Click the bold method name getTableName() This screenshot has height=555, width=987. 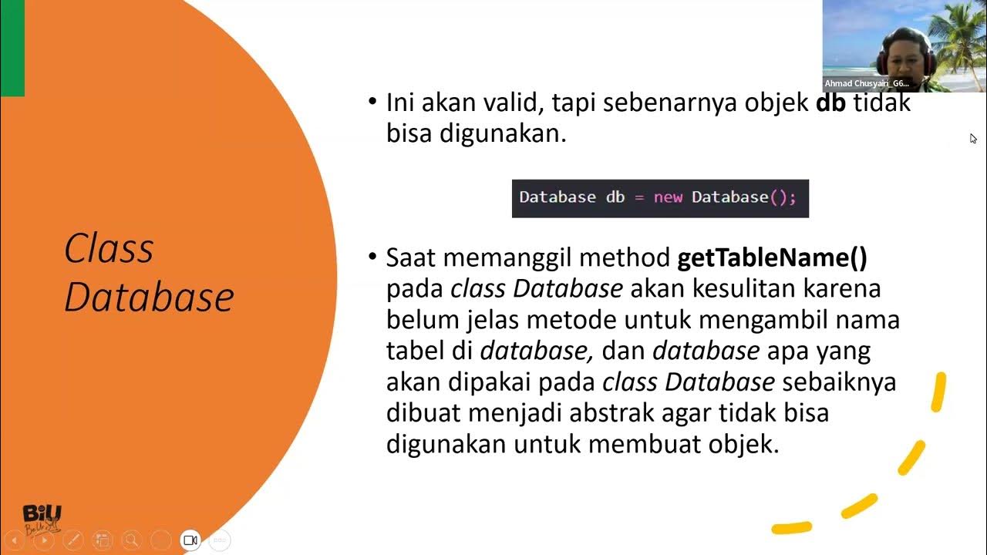[772, 257]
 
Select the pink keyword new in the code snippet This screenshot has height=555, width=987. [668, 197]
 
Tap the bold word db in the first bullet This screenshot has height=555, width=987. [830, 103]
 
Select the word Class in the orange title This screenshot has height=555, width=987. [109, 249]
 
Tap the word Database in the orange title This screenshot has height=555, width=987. [149, 298]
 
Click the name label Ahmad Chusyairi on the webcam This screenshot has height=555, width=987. [867, 83]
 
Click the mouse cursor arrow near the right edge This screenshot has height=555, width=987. [973, 139]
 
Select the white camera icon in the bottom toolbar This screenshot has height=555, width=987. [190, 540]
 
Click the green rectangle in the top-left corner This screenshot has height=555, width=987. [12, 48]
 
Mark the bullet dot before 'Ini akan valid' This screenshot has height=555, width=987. [373, 101]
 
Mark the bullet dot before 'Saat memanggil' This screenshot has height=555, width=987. [373, 256]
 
